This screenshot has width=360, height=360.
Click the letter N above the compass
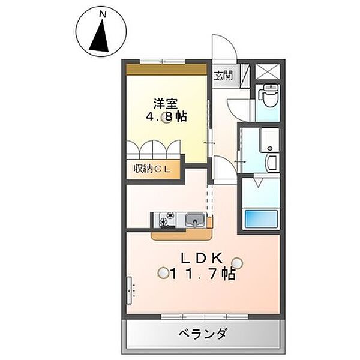point(102,13)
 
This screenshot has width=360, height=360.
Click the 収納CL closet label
point(152,170)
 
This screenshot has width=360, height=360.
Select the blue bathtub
point(260,219)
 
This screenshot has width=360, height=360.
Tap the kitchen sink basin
point(194,220)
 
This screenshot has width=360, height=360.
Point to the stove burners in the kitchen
point(167,220)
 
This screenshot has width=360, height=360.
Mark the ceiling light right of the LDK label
point(238,262)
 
